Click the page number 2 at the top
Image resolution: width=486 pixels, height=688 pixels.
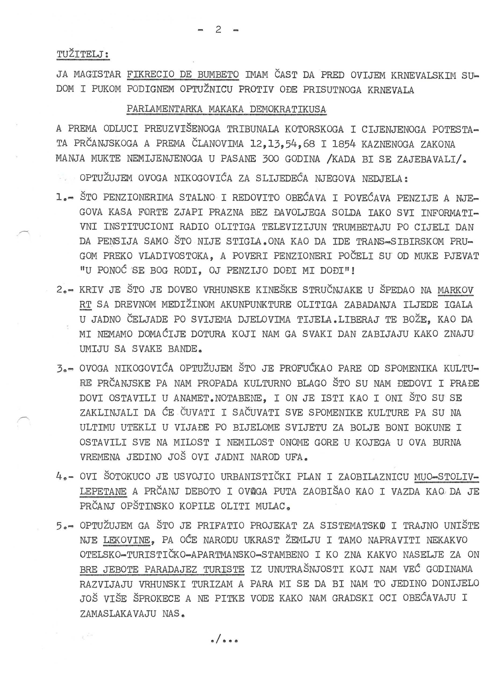[x=218, y=30]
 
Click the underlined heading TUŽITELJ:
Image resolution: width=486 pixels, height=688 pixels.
[x=83, y=55]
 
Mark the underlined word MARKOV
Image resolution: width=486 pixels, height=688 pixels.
[x=455, y=290]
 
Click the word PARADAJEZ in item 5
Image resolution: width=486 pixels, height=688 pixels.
[x=170, y=569]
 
